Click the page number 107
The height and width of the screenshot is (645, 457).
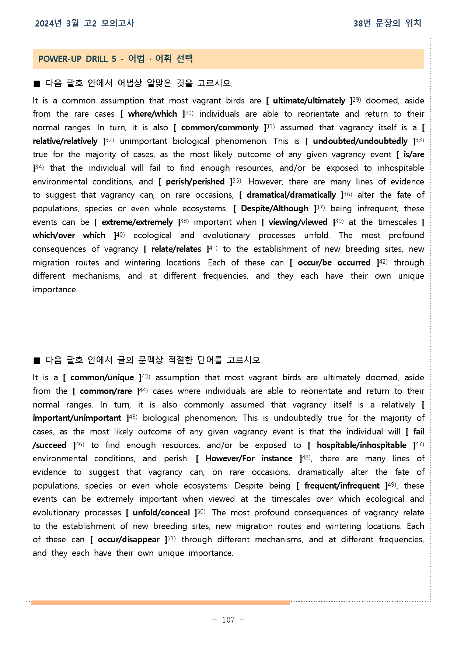[x=228, y=620]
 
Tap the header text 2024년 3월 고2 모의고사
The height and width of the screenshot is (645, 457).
[x=85, y=24]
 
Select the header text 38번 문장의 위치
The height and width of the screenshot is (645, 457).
[x=387, y=24]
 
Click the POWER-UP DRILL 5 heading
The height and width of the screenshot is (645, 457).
[x=115, y=59]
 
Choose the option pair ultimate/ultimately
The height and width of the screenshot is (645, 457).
[x=309, y=101]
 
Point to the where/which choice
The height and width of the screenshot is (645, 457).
[x=152, y=114]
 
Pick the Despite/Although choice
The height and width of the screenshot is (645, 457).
[x=275, y=209]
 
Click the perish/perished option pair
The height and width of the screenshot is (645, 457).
[x=195, y=182]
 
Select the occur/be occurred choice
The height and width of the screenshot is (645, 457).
[x=334, y=263]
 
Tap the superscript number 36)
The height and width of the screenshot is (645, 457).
[x=348, y=194]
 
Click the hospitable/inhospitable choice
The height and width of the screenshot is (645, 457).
[x=361, y=445]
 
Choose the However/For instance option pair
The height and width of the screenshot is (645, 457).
[x=249, y=459]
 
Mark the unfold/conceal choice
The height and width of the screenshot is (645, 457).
[x=161, y=513]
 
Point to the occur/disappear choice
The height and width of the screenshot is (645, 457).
[x=129, y=540]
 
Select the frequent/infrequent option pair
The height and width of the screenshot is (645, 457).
[x=342, y=486]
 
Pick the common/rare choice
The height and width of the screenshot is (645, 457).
[x=106, y=391]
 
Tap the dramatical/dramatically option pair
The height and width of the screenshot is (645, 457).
[x=291, y=195]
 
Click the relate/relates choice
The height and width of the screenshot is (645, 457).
[x=176, y=249]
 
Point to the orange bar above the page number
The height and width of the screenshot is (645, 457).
[x=161, y=603]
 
